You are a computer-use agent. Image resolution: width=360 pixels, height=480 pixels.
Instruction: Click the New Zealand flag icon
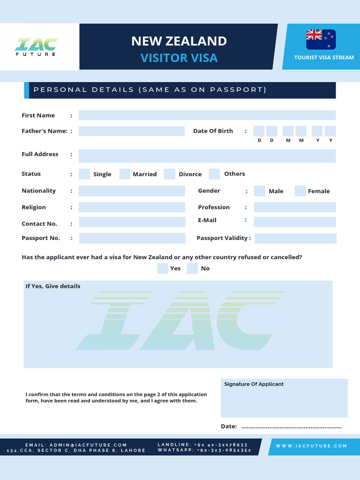(x=321, y=39)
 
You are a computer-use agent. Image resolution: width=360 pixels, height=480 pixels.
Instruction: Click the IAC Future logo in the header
(x=36, y=46)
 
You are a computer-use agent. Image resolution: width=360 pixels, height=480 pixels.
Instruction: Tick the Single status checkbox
(x=84, y=174)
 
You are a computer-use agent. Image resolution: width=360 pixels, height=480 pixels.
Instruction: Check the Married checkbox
(x=125, y=174)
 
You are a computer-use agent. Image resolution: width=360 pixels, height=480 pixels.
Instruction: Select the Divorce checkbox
(x=170, y=174)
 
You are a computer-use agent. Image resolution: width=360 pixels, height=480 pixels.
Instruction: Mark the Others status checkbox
(x=214, y=174)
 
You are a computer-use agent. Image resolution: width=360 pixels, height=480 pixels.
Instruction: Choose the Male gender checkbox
(x=259, y=191)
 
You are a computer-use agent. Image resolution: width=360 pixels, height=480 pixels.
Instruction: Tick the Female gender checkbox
(x=300, y=191)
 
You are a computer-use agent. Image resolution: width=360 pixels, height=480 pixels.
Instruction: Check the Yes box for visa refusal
(x=163, y=268)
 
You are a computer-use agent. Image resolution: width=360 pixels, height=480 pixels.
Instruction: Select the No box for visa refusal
(x=192, y=268)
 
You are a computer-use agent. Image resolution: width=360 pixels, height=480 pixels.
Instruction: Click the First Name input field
(x=207, y=115)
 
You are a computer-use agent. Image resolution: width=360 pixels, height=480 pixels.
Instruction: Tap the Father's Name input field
(x=131, y=131)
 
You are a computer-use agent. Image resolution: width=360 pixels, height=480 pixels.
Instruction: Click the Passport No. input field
(x=132, y=238)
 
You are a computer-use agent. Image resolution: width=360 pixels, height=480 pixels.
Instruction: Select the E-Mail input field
(x=295, y=222)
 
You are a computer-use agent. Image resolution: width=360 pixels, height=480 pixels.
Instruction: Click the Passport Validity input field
(x=295, y=238)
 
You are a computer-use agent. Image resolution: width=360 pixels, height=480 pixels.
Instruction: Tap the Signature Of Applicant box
(x=284, y=401)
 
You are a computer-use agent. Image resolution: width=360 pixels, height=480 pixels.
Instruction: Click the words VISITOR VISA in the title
(x=179, y=58)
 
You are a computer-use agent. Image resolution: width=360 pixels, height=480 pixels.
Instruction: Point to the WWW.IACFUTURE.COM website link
(x=311, y=446)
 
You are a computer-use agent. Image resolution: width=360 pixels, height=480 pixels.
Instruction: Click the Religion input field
(x=132, y=207)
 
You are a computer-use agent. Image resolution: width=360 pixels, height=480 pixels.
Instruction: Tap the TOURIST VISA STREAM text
(x=324, y=58)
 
